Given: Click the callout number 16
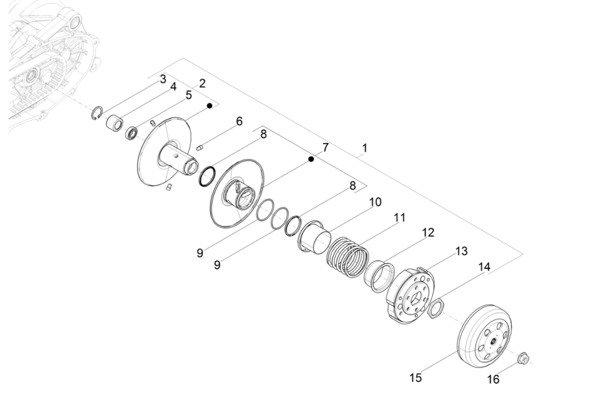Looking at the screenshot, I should click(493, 379).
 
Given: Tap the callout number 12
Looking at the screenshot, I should click(428, 232).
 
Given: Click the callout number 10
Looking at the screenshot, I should click(375, 202).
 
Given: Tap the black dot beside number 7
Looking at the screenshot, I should click(311, 159).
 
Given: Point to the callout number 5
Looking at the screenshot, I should click(189, 95).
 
